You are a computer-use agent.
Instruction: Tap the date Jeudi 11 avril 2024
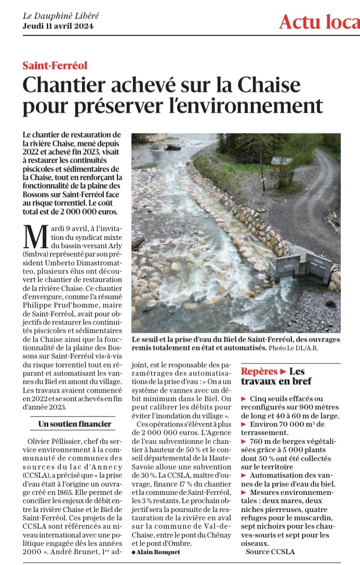tap(58, 26)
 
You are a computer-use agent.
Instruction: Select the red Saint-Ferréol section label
tap(55, 65)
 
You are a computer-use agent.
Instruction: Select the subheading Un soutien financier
tap(75, 424)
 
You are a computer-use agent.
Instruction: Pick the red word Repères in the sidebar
tap(259, 371)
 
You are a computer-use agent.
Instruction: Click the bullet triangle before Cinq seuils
tap(244, 398)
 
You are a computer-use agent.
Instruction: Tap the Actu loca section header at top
tap(319, 22)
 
